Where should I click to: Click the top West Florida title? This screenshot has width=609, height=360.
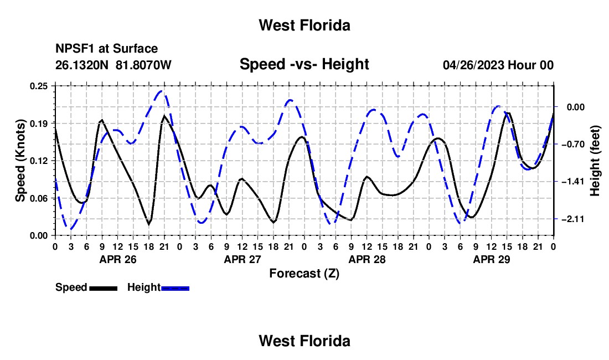click(x=304, y=25)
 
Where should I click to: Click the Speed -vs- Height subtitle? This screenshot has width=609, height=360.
click(x=304, y=64)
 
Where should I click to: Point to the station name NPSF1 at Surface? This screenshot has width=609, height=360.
click(x=106, y=49)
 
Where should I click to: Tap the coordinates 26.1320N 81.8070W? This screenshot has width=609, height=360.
click(x=113, y=65)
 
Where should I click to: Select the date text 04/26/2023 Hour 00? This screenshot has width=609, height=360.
click(x=498, y=65)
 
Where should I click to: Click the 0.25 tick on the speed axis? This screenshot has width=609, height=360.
click(x=38, y=86)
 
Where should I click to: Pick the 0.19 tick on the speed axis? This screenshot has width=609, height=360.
click(x=38, y=124)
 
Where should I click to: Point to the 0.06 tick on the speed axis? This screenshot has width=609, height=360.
click(x=38, y=198)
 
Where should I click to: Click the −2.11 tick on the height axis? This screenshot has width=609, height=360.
click(x=573, y=219)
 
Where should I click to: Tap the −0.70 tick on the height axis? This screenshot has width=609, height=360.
click(x=573, y=145)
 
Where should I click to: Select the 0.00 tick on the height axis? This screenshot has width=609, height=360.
click(x=576, y=107)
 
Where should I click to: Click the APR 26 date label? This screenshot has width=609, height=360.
click(x=118, y=260)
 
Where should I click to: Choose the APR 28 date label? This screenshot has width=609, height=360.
click(x=367, y=260)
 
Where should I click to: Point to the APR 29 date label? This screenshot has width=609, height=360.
click(x=491, y=260)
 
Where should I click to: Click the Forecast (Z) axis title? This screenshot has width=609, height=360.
click(x=304, y=274)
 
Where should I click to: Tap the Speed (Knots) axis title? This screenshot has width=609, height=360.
click(x=20, y=161)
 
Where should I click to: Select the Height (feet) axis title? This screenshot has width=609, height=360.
click(x=595, y=161)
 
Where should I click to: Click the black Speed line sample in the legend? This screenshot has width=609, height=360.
click(x=104, y=288)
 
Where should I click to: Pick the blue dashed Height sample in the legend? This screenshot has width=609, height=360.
click(x=175, y=288)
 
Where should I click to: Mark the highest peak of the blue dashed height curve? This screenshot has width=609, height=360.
click(x=162, y=91)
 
